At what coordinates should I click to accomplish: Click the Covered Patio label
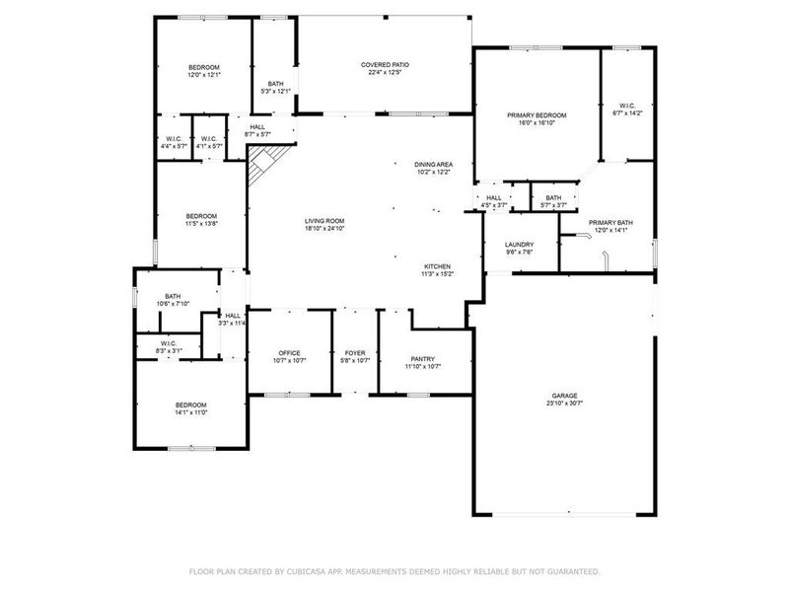385,65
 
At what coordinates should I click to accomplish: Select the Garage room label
564,396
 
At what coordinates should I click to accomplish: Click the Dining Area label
433,164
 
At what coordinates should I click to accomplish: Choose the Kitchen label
437,266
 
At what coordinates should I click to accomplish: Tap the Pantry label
422,359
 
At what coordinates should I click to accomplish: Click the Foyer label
355,353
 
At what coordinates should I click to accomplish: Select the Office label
289,353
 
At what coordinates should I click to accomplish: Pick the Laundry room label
519,245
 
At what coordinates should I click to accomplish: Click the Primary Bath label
611,223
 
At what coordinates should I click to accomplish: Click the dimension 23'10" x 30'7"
564,404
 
